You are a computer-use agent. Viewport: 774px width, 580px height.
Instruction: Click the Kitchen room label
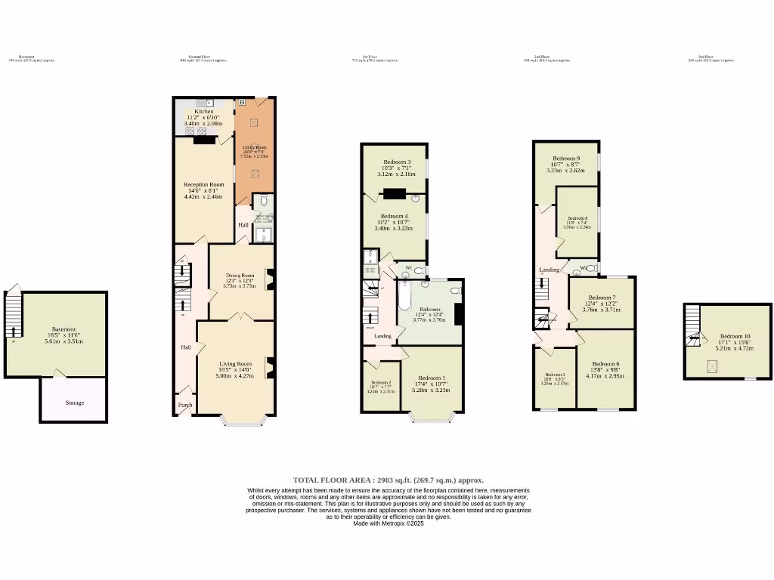[x=204, y=112]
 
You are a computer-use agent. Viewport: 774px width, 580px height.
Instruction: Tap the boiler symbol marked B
[x=242, y=101]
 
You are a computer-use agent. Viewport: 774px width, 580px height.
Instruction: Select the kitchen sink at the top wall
[x=204, y=103]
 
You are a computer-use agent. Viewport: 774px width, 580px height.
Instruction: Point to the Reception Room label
[x=204, y=184]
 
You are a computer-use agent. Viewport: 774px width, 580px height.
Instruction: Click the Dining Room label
[x=240, y=276]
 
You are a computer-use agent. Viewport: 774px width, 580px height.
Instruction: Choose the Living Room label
[x=235, y=364]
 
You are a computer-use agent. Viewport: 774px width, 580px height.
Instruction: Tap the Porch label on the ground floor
[x=185, y=406]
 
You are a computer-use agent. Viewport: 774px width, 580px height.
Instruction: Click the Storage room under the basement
[x=74, y=403]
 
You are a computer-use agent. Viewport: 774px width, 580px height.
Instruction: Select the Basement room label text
[x=63, y=329]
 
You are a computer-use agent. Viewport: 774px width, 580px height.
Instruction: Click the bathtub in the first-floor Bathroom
[x=404, y=298]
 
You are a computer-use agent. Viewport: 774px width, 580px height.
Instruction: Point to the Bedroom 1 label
[x=431, y=378]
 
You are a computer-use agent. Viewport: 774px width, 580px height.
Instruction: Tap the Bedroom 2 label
[x=380, y=383]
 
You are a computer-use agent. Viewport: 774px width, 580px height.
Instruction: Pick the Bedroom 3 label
[x=397, y=162]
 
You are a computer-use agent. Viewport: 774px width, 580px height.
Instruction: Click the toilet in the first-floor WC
[x=419, y=270]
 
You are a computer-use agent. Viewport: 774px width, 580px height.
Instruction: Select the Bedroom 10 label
[x=735, y=336]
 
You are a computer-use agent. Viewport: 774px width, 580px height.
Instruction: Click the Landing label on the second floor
[x=549, y=270]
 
